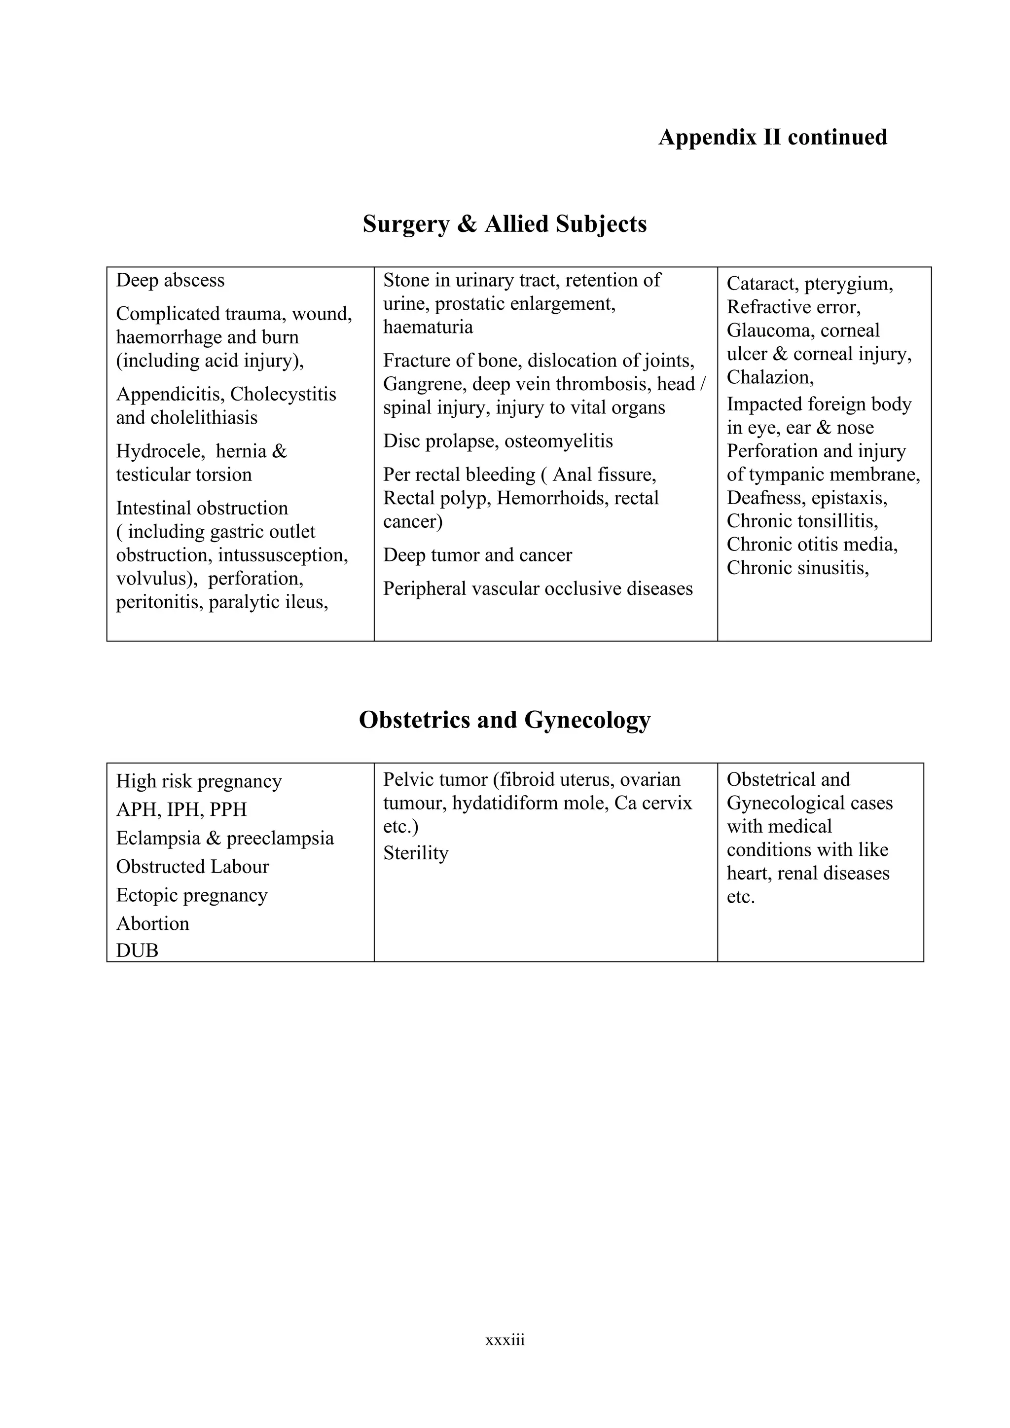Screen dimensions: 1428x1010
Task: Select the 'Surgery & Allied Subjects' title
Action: pos(505,224)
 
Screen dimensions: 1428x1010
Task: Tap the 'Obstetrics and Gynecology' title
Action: pos(505,720)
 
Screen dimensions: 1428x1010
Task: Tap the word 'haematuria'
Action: pos(428,327)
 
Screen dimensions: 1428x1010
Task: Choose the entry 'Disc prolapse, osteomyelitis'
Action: pos(498,441)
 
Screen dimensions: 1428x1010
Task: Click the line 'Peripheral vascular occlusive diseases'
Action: pos(538,588)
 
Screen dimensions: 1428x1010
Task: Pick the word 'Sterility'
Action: pos(415,853)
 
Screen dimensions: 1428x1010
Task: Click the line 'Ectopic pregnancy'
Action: pos(191,895)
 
